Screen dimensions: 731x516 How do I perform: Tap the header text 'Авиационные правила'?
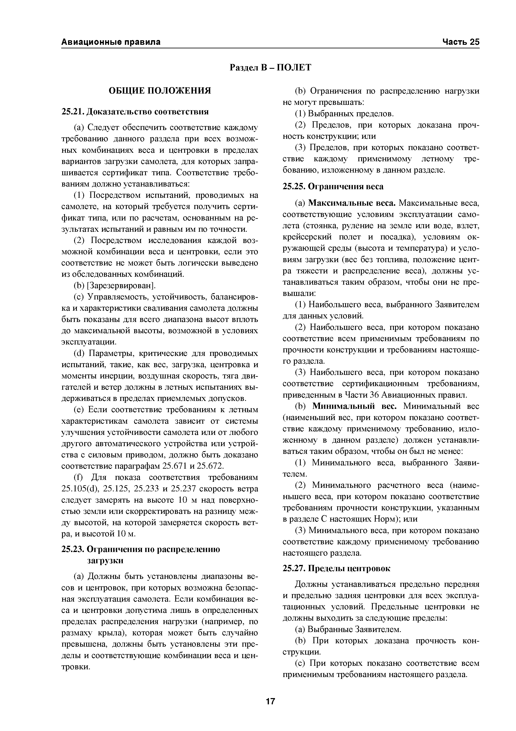coord(111,42)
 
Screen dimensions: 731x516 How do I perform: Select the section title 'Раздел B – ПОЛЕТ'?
coord(271,68)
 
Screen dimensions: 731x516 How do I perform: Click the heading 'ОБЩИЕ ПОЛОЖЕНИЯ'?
coord(160,91)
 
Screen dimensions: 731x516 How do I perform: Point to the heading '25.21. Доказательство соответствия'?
coord(135,112)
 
